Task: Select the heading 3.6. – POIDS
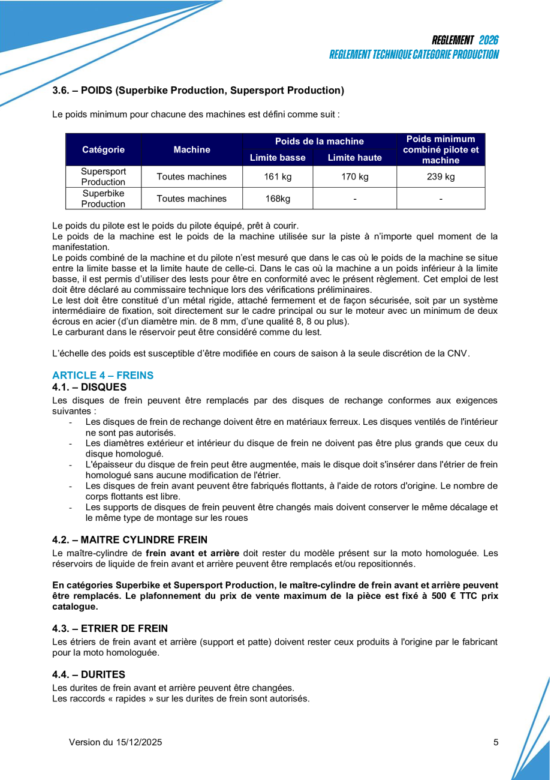tap(198, 91)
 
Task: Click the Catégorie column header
tap(103, 149)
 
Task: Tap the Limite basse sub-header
tap(278, 158)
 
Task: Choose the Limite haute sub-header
tap(354, 158)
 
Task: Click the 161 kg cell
tap(278, 176)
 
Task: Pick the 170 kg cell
tap(354, 176)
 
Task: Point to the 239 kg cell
tap(441, 176)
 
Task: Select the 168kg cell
tap(278, 199)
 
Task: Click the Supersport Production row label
tap(103, 176)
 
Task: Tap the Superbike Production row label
tap(103, 199)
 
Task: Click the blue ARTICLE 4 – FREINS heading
tap(103, 376)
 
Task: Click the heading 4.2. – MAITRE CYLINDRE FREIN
tap(130, 539)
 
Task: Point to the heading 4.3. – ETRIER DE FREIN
tap(110, 628)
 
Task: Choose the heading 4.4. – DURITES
tap(89, 674)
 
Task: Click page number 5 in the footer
tap(496, 742)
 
